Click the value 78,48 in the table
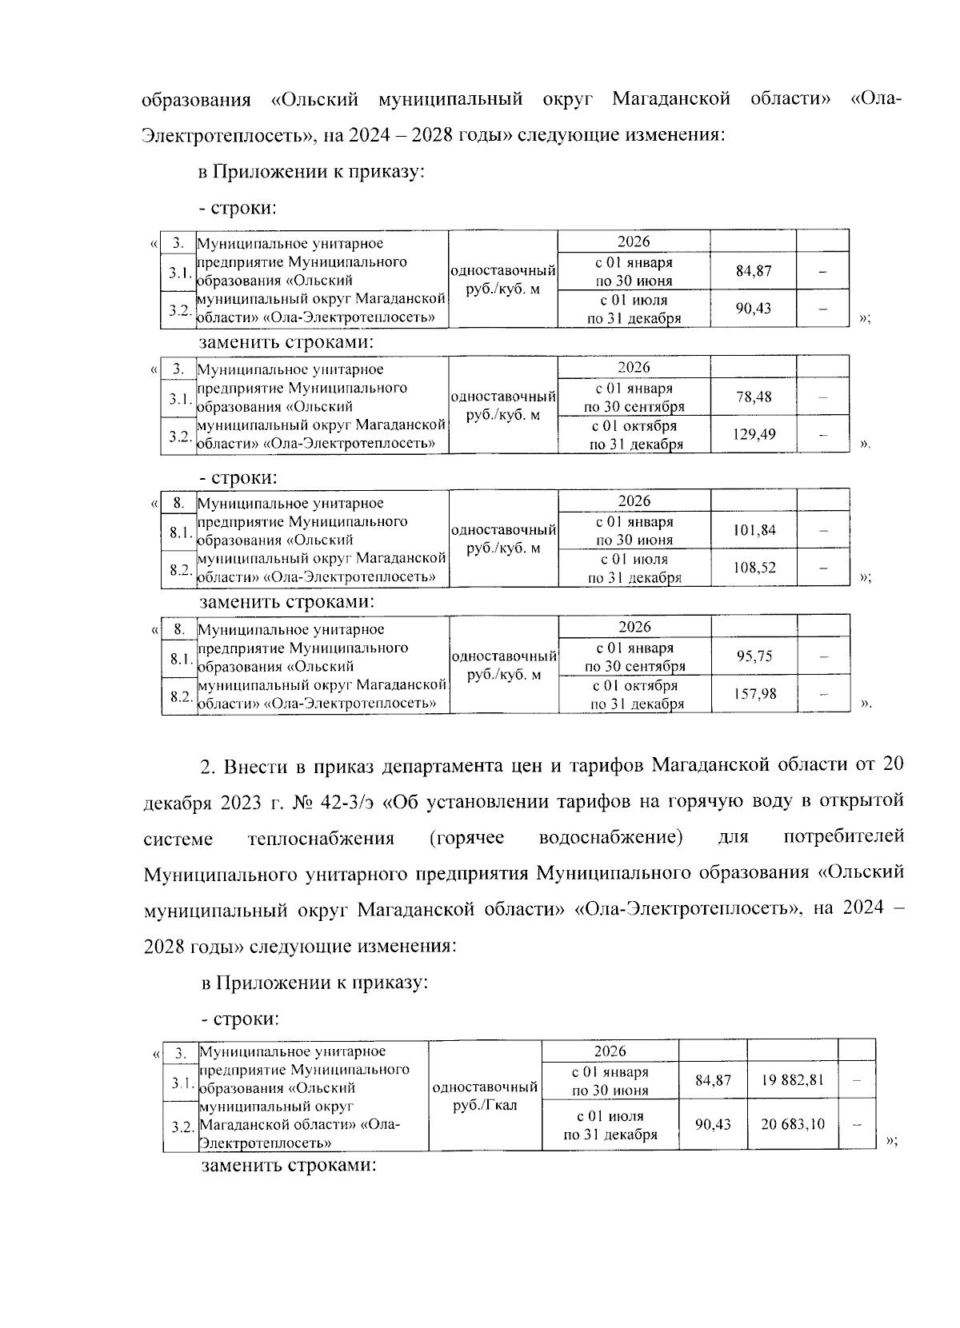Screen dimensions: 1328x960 753,397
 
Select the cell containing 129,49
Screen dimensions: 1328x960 753,435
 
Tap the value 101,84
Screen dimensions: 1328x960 753,530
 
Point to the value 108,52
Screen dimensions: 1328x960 753,568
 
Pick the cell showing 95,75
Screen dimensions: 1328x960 754,656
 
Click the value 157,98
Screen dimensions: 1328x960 754,694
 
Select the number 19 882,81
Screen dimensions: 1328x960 792,1080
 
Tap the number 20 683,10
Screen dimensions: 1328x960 792,1124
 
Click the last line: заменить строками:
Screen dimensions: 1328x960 288,1165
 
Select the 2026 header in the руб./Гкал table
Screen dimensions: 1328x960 610,1051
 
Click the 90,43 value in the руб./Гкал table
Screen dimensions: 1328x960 713,1124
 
